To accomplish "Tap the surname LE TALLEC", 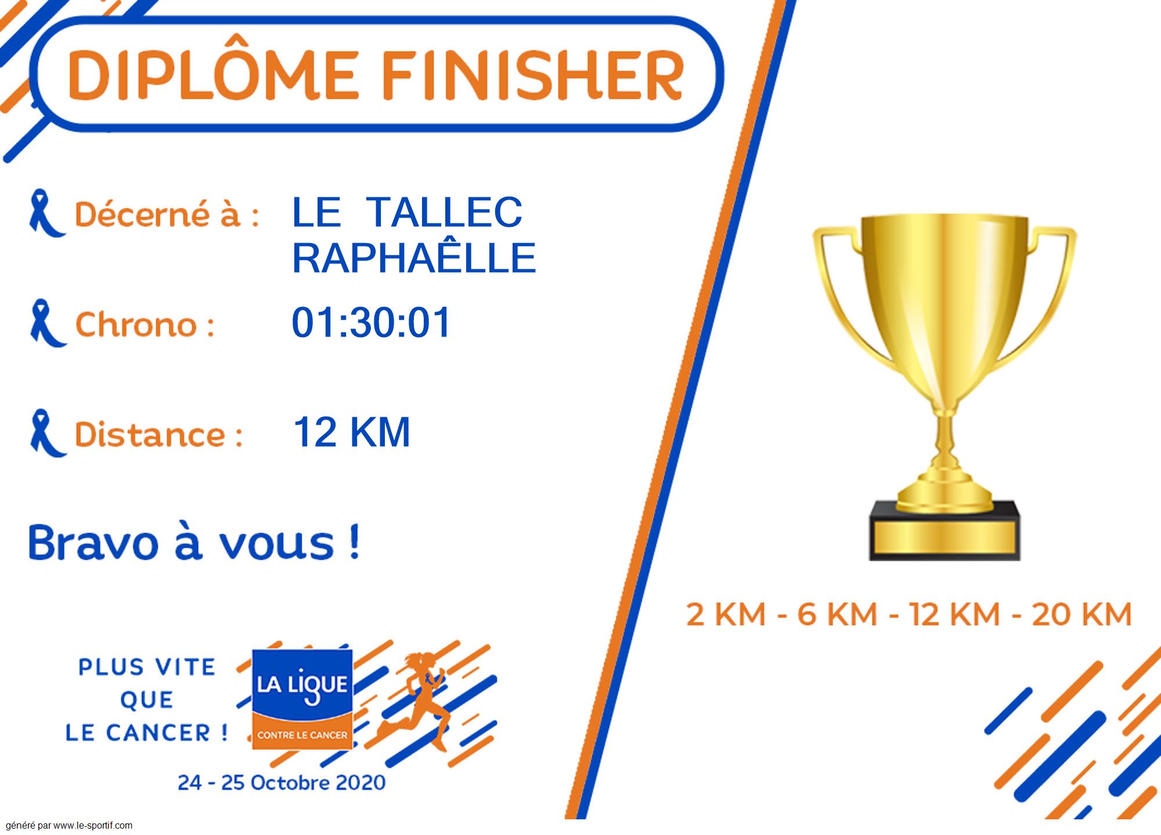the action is coord(407,212).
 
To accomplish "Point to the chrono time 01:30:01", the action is coord(371,322).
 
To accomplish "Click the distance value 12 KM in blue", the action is coord(352,432).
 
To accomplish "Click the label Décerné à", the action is coord(167,214).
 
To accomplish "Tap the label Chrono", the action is coord(145,324).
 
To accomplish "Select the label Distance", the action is coord(158,434).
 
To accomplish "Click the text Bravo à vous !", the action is coord(194,543).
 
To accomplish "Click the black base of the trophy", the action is coord(944,531).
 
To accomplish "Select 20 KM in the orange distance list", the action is coord(1081,614).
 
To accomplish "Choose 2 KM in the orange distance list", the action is coord(726,614).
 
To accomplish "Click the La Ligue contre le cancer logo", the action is coord(302,699).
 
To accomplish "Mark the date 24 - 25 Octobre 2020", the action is coord(282,782).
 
